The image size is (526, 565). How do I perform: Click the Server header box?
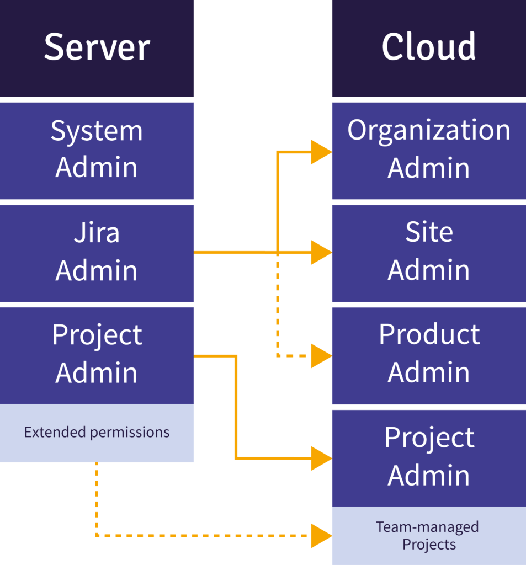(x=97, y=49)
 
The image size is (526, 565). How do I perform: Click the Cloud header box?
(x=429, y=49)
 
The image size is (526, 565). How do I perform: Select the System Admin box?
(x=97, y=151)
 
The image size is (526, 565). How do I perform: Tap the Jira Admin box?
(x=97, y=253)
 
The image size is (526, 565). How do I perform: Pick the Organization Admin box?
(x=429, y=151)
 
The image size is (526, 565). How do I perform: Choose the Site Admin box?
(x=429, y=253)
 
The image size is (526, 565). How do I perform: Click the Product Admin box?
(x=429, y=356)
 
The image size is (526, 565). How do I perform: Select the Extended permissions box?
(x=97, y=433)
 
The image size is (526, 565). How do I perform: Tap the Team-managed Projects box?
(x=429, y=535)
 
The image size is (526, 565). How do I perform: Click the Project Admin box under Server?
(x=97, y=356)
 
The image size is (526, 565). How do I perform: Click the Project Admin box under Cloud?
(x=429, y=459)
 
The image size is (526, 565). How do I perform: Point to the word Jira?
(x=97, y=232)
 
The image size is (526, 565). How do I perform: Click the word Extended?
(x=55, y=431)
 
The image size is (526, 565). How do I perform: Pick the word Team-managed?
(x=428, y=527)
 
